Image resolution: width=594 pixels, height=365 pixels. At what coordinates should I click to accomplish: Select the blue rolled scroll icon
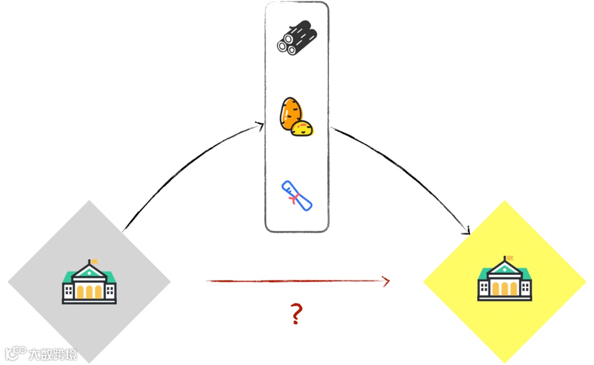[x=297, y=195]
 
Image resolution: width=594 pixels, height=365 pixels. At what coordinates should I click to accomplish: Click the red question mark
[x=296, y=314]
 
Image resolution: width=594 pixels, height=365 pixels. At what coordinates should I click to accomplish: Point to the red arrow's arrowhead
[x=387, y=281]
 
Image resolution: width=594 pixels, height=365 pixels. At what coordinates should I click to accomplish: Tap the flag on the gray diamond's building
[x=95, y=260]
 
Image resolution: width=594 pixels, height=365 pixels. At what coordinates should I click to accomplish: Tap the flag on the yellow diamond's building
[x=510, y=258]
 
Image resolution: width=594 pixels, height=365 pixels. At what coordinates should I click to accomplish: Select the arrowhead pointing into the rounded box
[x=260, y=126]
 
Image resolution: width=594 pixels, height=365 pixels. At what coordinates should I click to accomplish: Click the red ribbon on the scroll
[x=296, y=198]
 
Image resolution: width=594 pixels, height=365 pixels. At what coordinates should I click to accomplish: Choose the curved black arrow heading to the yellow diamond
[x=407, y=171]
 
